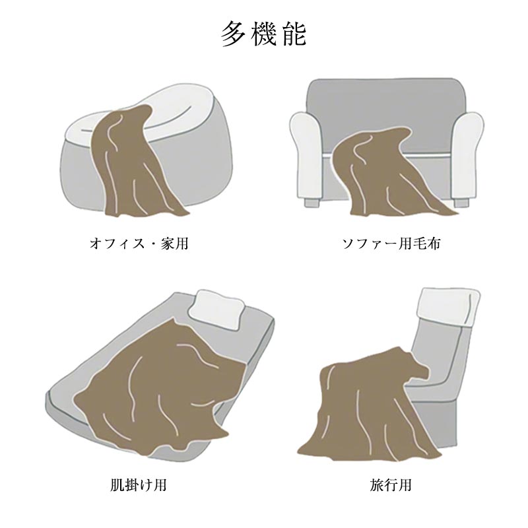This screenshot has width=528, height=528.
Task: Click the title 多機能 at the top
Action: click(263, 34)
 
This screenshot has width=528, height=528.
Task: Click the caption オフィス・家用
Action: click(139, 244)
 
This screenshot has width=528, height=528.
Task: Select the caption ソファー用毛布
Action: click(391, 244)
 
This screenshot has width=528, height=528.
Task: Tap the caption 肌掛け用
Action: click(139, 485)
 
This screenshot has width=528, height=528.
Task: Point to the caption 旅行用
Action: click(391, 485)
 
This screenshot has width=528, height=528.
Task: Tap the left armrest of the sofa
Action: click(306, 155)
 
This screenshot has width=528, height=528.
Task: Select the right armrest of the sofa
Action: click(467, 155)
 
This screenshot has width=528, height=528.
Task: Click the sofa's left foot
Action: click(312, 202)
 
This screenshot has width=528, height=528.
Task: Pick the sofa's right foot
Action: click(461, 203)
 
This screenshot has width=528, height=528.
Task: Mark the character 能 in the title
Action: click(294, 34)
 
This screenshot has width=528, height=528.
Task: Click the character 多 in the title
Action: click(233, 34)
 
